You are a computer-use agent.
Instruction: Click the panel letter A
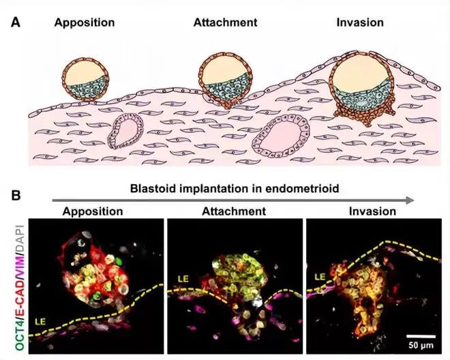pyautogui.click(x=16, y=22)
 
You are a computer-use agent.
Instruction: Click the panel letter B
pyautogui.click(x=16, y=196)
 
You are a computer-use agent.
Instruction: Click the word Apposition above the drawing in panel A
pyautogui.click(x=85, y=23)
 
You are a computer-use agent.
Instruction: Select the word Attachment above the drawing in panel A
pyautogui.click(x=225, y=22)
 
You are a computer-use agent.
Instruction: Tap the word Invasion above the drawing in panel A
pyautogui.click(x=360, y=22)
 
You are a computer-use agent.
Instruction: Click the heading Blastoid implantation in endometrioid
pyautogui.click(x=235, y=189)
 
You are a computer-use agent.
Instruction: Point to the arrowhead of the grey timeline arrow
pyautogui.click(x=410, y=200)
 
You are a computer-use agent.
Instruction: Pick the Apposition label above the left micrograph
pyautogui.click(x=93, y=211)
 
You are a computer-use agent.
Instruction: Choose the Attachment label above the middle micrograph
pyautogui.click(x=234, y=211)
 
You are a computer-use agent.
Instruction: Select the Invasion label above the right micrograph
pyautogui.click(x=372, y=211)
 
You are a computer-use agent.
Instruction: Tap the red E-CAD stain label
pyautogui.click(x=20, y=299)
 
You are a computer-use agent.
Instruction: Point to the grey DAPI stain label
pyautogui.click(x=20, y=241)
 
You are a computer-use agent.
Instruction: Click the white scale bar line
pyautogui.click(x=421, y=336)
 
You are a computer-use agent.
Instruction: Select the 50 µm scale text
pyautogui.click(x=421, y=345)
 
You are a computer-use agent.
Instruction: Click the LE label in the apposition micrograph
pyautogui.click(x=40, y=322)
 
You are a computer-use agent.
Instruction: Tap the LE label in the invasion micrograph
pyautogui.click(x=320, y=277)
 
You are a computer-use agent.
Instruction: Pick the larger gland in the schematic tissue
pyautogui.click(x=281, y=136)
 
